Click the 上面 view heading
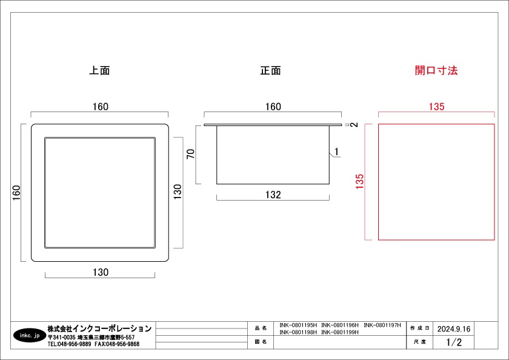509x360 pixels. tap(99, 70)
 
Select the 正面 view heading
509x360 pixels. tap(270, 70)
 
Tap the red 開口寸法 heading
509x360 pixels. tap(436, 70)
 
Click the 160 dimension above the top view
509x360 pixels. tap(101, 107)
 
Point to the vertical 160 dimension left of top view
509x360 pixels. tap(16, 193)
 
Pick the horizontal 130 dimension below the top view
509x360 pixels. tap(101, 272)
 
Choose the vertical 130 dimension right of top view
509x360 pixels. tap(178, 192)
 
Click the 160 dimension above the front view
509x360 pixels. tap(273, 107)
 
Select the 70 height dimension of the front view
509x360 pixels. tap(191, 153)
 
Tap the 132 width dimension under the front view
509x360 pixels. tap(273, 195)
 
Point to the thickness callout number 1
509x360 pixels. tap(337, 152)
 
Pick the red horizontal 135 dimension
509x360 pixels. tap(437, 107)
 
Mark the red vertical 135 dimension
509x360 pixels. tap(360, 181)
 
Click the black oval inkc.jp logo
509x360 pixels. tap(30, 335)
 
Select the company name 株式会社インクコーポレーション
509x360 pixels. tap(99, 328)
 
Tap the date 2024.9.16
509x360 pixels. tap(454, 329)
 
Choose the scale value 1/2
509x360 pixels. tap(454, 342)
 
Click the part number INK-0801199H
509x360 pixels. tap(340, 332)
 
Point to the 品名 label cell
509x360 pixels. tap(261, 328)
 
